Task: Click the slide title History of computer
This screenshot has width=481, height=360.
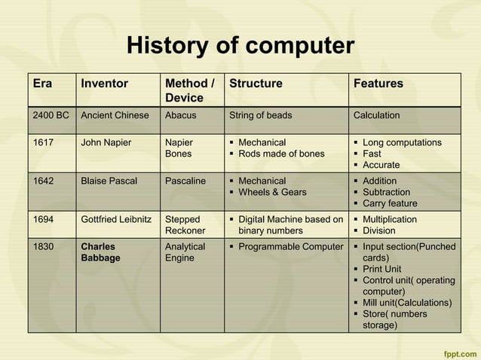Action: click(x=240, y=47)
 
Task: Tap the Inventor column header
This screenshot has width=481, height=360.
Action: click(x=104, y=84)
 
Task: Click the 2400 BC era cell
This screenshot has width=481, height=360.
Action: click(x=51, y=115)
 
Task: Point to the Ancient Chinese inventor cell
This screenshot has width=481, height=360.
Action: click(x=115, y=115)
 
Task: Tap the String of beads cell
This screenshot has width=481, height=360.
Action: click(x=260, y=115)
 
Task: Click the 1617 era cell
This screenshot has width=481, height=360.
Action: click(x=43, y=142)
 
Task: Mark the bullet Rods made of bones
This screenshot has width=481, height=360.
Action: click(x=281, y=154)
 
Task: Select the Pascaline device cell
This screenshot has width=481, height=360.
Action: click(x=185, y=181)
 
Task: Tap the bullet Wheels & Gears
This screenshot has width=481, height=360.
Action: click(x=272, y=192)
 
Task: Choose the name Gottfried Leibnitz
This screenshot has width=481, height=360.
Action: click(x=117, y=219)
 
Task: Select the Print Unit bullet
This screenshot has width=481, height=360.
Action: click(x=381, y=269)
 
